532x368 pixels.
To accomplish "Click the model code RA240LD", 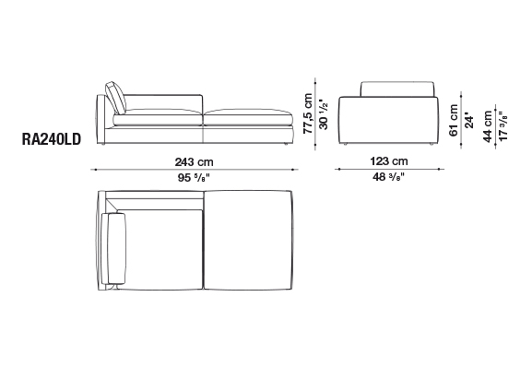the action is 52,139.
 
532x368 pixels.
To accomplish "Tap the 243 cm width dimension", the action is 194,162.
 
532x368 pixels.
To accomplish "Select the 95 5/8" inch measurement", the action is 194,177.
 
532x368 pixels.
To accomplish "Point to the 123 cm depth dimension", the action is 389,160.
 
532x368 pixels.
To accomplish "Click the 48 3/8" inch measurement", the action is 389,176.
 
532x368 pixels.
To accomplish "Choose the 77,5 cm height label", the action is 308,113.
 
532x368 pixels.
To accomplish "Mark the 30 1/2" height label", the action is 324,114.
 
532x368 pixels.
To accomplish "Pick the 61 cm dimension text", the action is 454,121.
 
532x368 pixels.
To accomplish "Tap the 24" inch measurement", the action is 469,121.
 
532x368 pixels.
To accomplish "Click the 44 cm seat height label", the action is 488,126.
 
